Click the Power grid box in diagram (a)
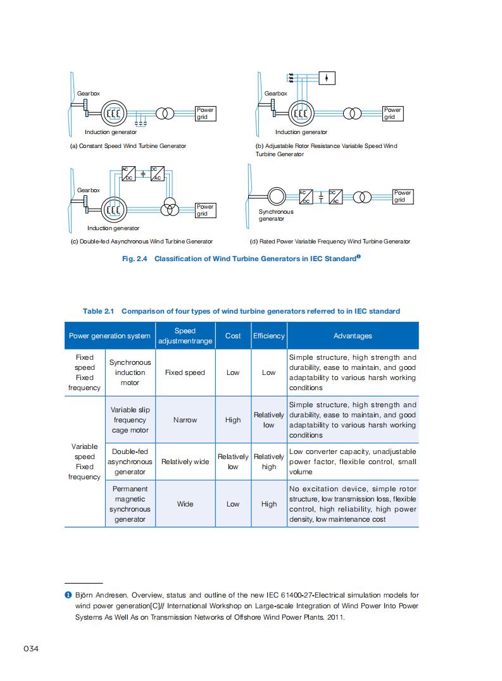tap(205, 113)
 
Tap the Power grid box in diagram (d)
tap(403, 197)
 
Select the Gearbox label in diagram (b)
tap(275, 94)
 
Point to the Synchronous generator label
tap(276, 215)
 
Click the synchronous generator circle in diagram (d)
tap(276, 195)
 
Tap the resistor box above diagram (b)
tap(326, 78)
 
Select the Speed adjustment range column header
tap(185, 336)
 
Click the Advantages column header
tap(353, 336)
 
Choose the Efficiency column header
tap(269, 336)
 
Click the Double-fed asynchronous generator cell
tap(130, 462)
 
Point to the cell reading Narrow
tap(185, 420)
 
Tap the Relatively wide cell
tap(185, 462)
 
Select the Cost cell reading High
tap(233, 420)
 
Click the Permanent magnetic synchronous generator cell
tap(130, 504)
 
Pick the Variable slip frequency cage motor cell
tap(130, 420)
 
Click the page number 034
tap(32, 649)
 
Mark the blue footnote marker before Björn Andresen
tap(68, 595)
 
